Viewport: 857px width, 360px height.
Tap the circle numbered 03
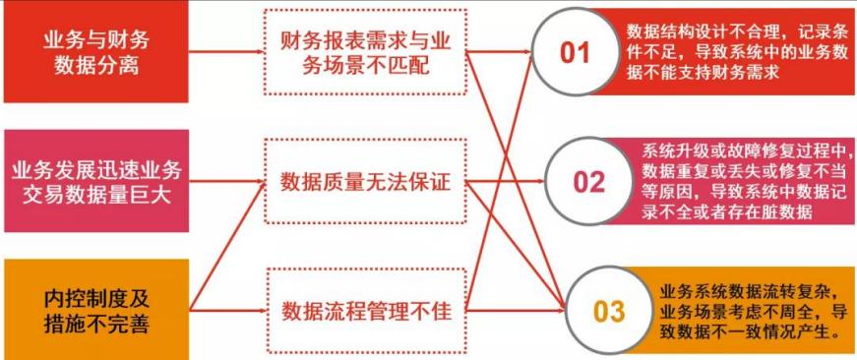click(608, 312)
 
